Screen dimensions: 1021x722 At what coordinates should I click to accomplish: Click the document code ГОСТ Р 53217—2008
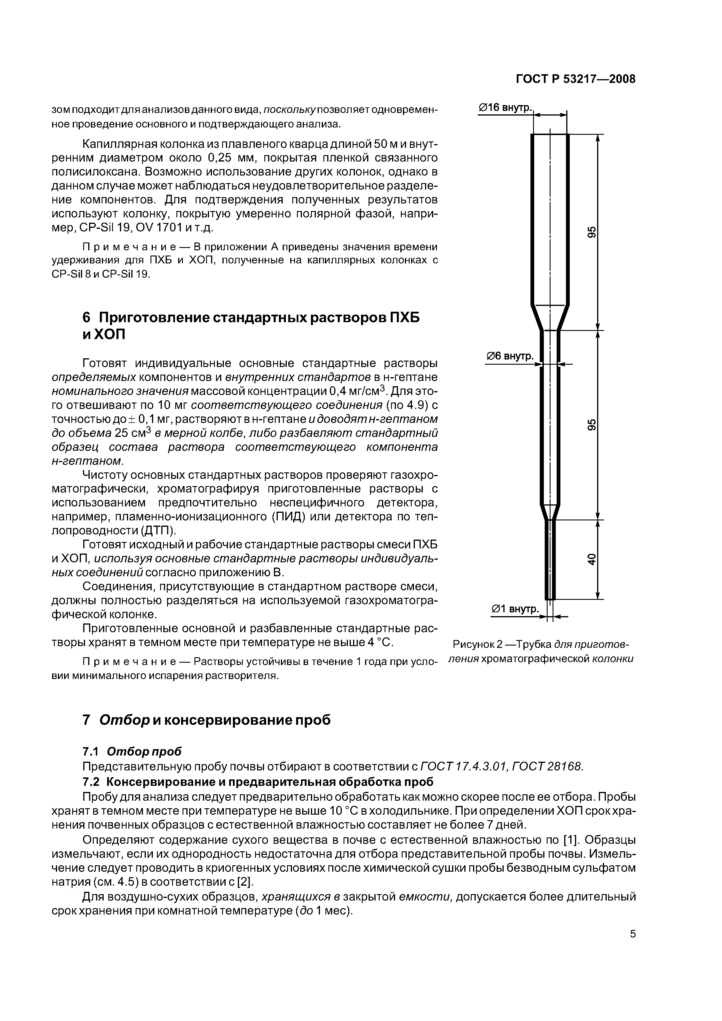coord(575,79)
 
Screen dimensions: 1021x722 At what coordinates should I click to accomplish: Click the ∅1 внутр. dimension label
coord(514,609)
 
